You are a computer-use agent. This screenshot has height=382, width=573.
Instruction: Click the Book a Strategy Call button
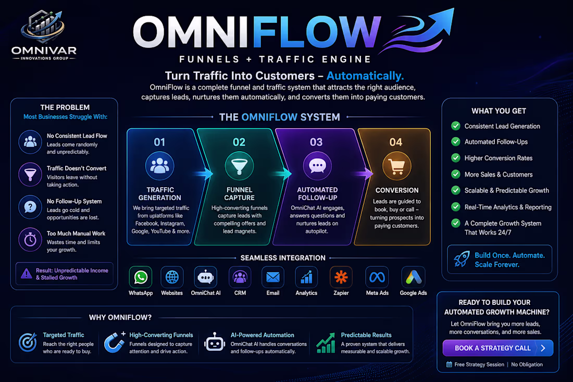pyautogui.click(x=497, y=348)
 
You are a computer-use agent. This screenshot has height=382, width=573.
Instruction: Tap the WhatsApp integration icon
pyautogui.click(x=141, y=277)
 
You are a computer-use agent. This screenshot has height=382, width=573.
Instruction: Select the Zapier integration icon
pyautogui.click(x=341, y=277)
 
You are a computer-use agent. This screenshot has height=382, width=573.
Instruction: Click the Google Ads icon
pyautogui.click(x=413, y=277)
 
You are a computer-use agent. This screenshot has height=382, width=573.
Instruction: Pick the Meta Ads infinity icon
pyautogui.click(x=377, y=277)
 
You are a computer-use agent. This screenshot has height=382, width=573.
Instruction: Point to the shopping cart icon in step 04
pyautogui.click(x=396, y=167)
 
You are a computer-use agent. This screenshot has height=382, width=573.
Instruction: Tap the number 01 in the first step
pyautogui.click(x=159, y=142)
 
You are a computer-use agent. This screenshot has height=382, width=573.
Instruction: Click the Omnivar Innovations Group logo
pyautogui.click(x=44, y=35)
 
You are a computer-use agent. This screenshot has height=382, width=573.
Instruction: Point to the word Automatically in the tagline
pyautogui.click(x=365, y=76)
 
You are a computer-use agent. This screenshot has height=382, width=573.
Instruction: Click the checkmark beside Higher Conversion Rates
pyautogui.click(x=456, y=158)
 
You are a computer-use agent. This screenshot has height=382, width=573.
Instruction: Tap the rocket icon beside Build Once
pyautogui.click(x=462, y=259)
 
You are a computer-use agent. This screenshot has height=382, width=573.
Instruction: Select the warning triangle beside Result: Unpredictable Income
pyautogui.click(x=27, y=274)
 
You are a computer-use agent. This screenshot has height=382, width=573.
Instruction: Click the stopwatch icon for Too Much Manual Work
pyautogui.click(x=30, y=240)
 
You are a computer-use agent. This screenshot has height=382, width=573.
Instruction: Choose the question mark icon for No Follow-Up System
pyautogui.click(x=30, y=207)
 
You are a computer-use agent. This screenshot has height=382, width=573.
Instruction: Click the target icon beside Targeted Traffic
pyautogui.click(x=28, y=342)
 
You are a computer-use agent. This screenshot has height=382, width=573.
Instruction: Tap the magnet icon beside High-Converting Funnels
pyautogui.click(x=114, y=342)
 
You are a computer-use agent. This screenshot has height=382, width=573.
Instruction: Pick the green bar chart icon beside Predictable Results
pyautogui.click(x=326, y=343)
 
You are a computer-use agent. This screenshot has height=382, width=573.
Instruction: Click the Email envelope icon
pyautogui.click(x=273, y=277)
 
